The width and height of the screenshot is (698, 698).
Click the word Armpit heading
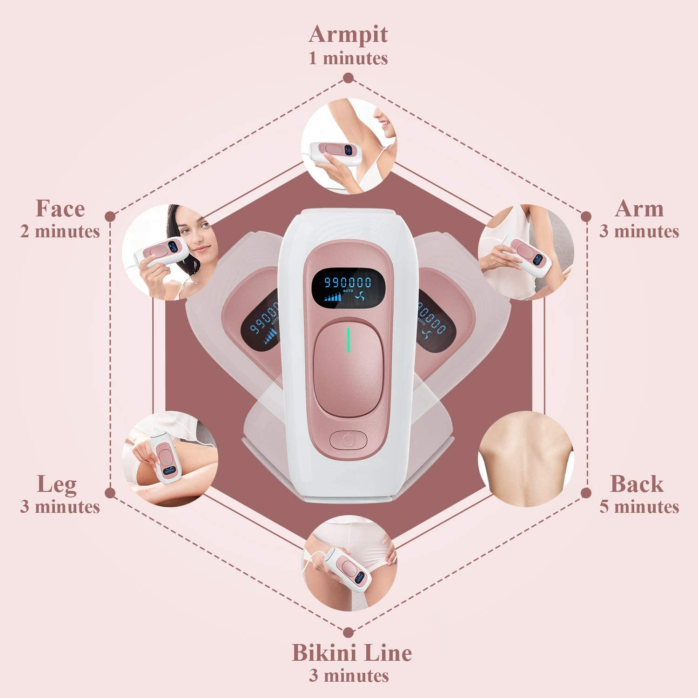coord(348,34)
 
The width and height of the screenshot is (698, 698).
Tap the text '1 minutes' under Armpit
coord(348,59)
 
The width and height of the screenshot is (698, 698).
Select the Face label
coord(60,208)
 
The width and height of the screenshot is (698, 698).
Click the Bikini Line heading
coord(351,652)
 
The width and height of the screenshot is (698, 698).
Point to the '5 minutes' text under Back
coord(639,507)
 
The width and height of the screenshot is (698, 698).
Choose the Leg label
coord(57,484)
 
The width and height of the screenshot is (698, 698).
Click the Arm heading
coord(639,208)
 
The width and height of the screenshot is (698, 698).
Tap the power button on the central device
coord(348,439)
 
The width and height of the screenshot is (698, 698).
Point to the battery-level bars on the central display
coord(333,296)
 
